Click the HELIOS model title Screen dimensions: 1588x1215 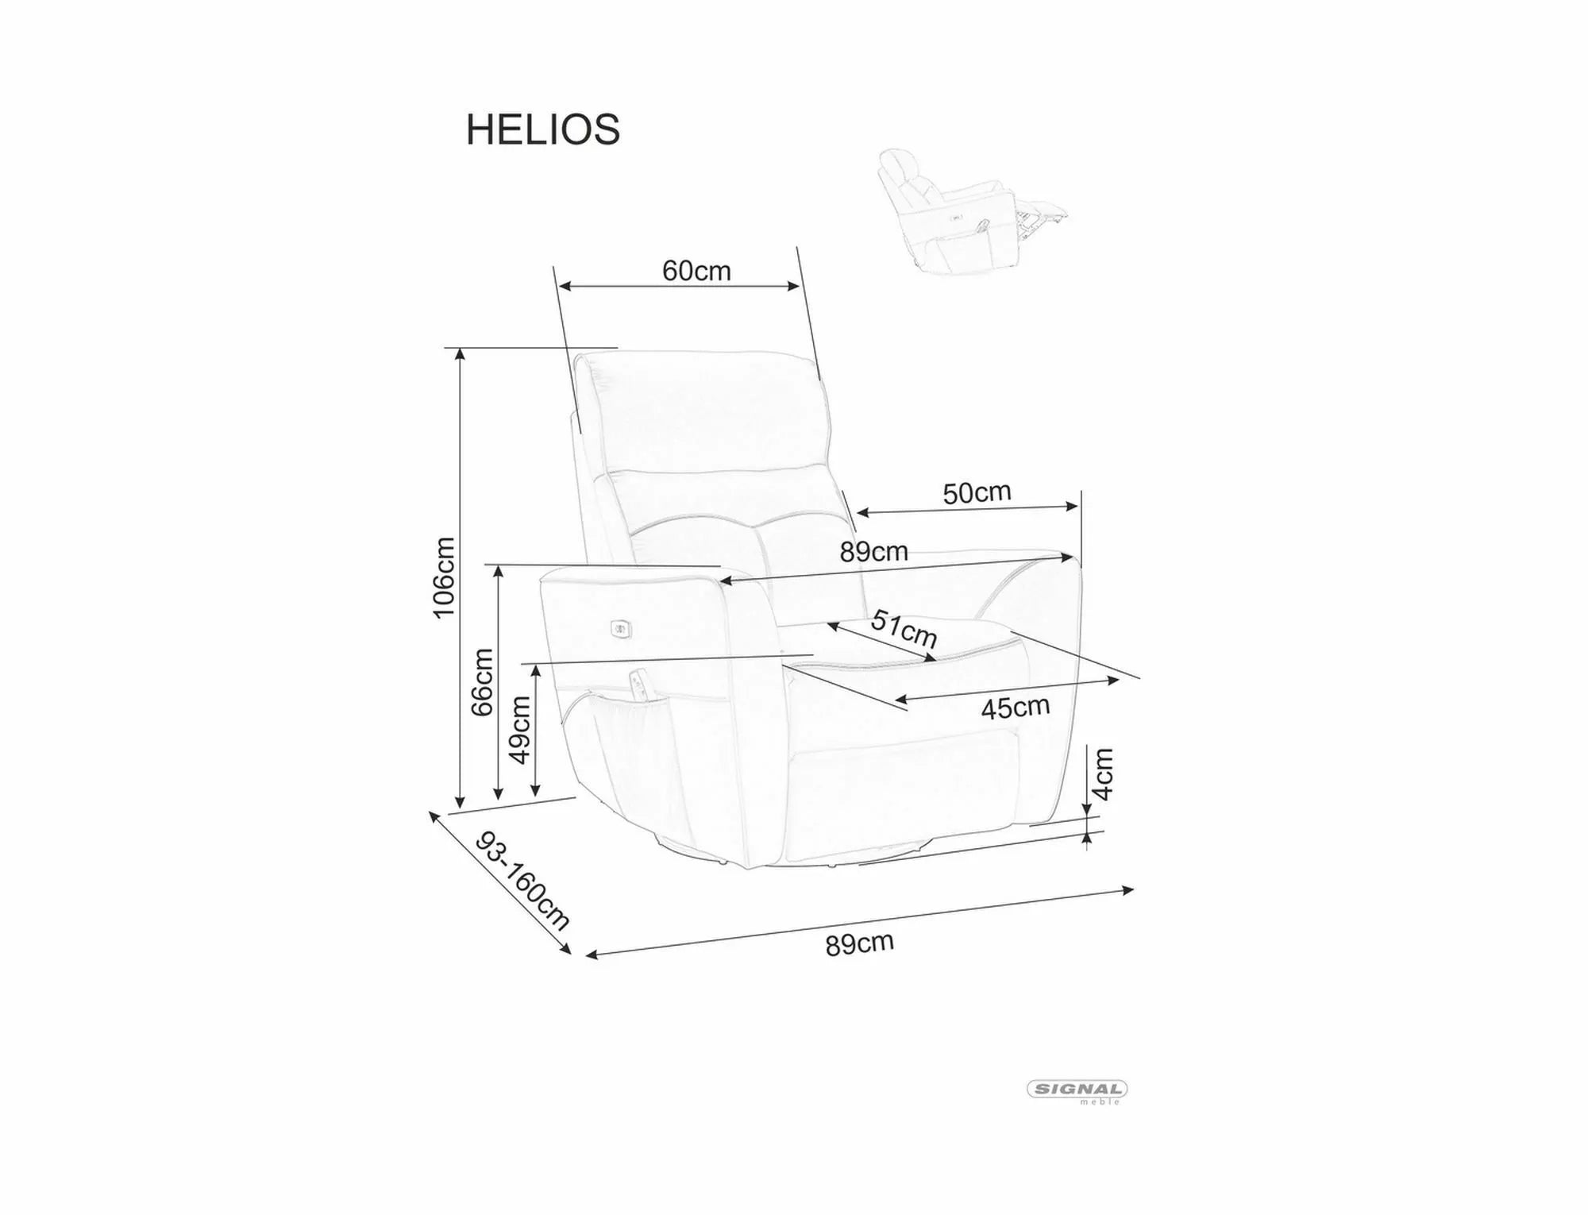pos(542,129)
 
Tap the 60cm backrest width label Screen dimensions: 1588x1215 pos(696,271)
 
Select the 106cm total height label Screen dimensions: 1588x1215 pos(443,577)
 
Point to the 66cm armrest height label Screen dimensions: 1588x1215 pos(482,682)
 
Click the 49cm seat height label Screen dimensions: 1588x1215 pos(519,730)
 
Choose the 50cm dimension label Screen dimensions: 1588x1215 pos(977,493)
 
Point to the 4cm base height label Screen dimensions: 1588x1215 pos(1103,773)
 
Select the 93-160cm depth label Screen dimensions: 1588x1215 pos(522,881)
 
